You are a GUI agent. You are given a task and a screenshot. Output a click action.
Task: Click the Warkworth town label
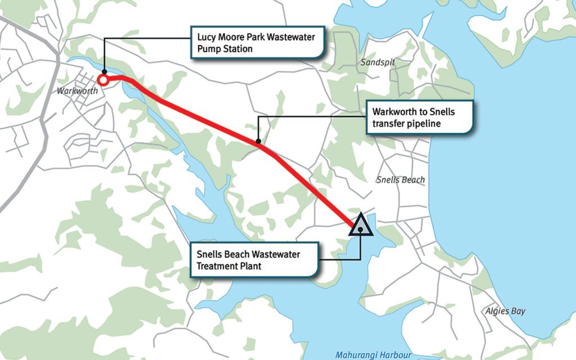point(74,90)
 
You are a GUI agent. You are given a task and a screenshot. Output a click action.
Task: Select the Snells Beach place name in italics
point(400,180)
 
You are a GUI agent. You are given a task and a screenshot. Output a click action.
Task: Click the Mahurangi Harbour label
point(373,355)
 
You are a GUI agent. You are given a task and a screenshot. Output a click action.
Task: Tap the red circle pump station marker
point(104,80)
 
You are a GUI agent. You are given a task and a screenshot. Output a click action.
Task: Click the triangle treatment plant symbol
point(361,225)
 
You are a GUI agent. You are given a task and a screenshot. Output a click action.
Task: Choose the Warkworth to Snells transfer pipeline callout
point(419,117)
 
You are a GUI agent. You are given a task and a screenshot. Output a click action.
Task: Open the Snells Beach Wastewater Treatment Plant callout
point(254,260)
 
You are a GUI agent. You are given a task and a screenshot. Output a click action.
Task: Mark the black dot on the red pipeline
point(258,142)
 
